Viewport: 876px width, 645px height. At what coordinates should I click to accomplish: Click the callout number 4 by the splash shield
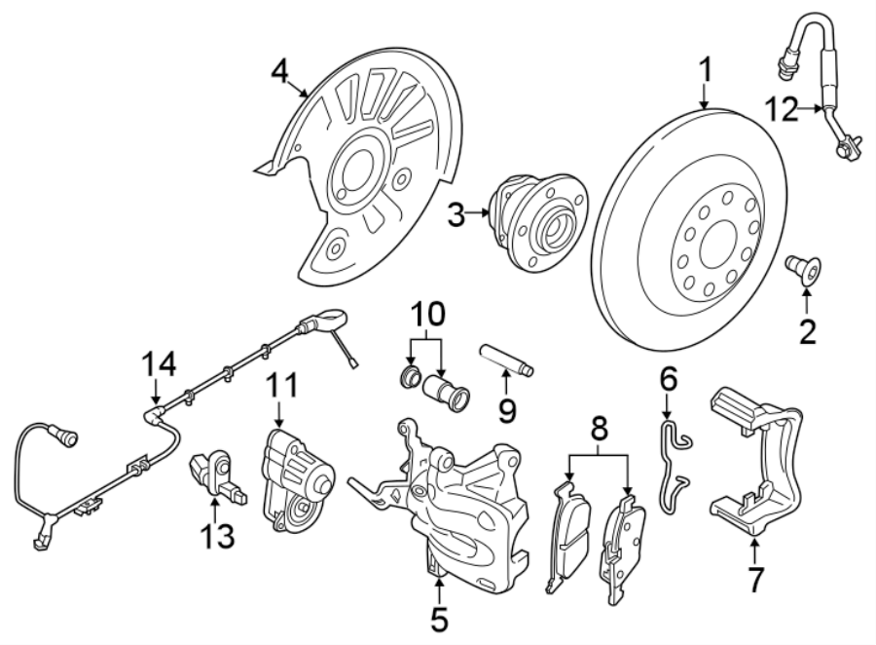(x=280, y=73)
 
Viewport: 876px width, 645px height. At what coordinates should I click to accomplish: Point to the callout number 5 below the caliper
(x=439, y=618)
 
